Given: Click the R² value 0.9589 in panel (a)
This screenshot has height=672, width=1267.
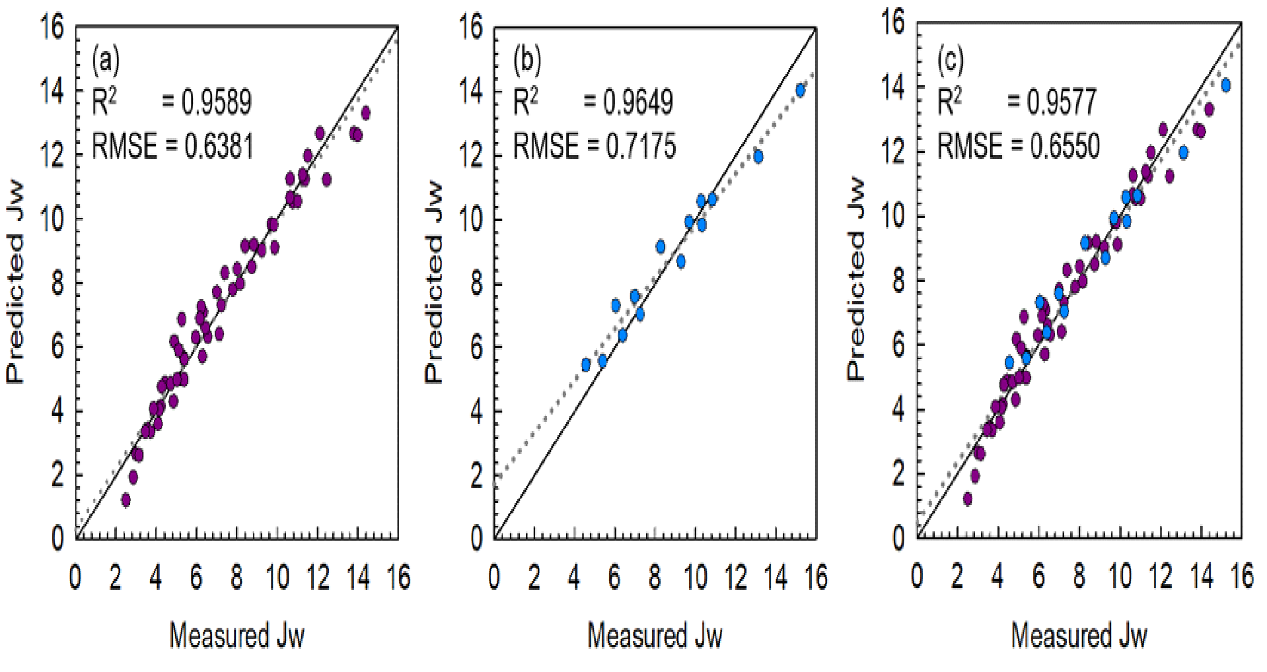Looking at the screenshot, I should (216, 102).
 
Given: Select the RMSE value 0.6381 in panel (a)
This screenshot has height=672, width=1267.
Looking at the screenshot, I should (219, 146).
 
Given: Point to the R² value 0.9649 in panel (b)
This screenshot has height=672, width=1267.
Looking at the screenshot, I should (638, 102).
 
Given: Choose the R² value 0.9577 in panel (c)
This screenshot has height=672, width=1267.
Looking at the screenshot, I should (1062, 102).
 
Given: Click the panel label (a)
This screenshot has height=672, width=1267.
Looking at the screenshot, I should (106, 61).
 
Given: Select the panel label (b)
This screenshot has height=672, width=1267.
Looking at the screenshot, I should (527, 61).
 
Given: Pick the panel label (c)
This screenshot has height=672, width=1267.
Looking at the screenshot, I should (951, 61).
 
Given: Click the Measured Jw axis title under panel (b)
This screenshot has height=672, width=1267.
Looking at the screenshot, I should (655, 636).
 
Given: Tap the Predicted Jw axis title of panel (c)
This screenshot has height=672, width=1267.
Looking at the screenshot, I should (855, 279).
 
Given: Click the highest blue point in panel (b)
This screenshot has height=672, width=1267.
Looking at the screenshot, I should (801, 91).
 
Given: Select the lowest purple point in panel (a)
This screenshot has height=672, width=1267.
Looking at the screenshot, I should (126, 500).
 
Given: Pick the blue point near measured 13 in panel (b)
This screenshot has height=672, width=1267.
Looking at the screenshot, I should (758, 156).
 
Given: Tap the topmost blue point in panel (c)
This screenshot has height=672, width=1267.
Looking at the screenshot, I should (1226, 85).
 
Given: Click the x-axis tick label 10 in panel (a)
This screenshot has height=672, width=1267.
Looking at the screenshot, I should (277, 578).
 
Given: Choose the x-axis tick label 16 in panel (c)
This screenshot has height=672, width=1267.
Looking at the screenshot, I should (1241, 576).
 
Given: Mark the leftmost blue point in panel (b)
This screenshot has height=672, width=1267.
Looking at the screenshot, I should (586, 365).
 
